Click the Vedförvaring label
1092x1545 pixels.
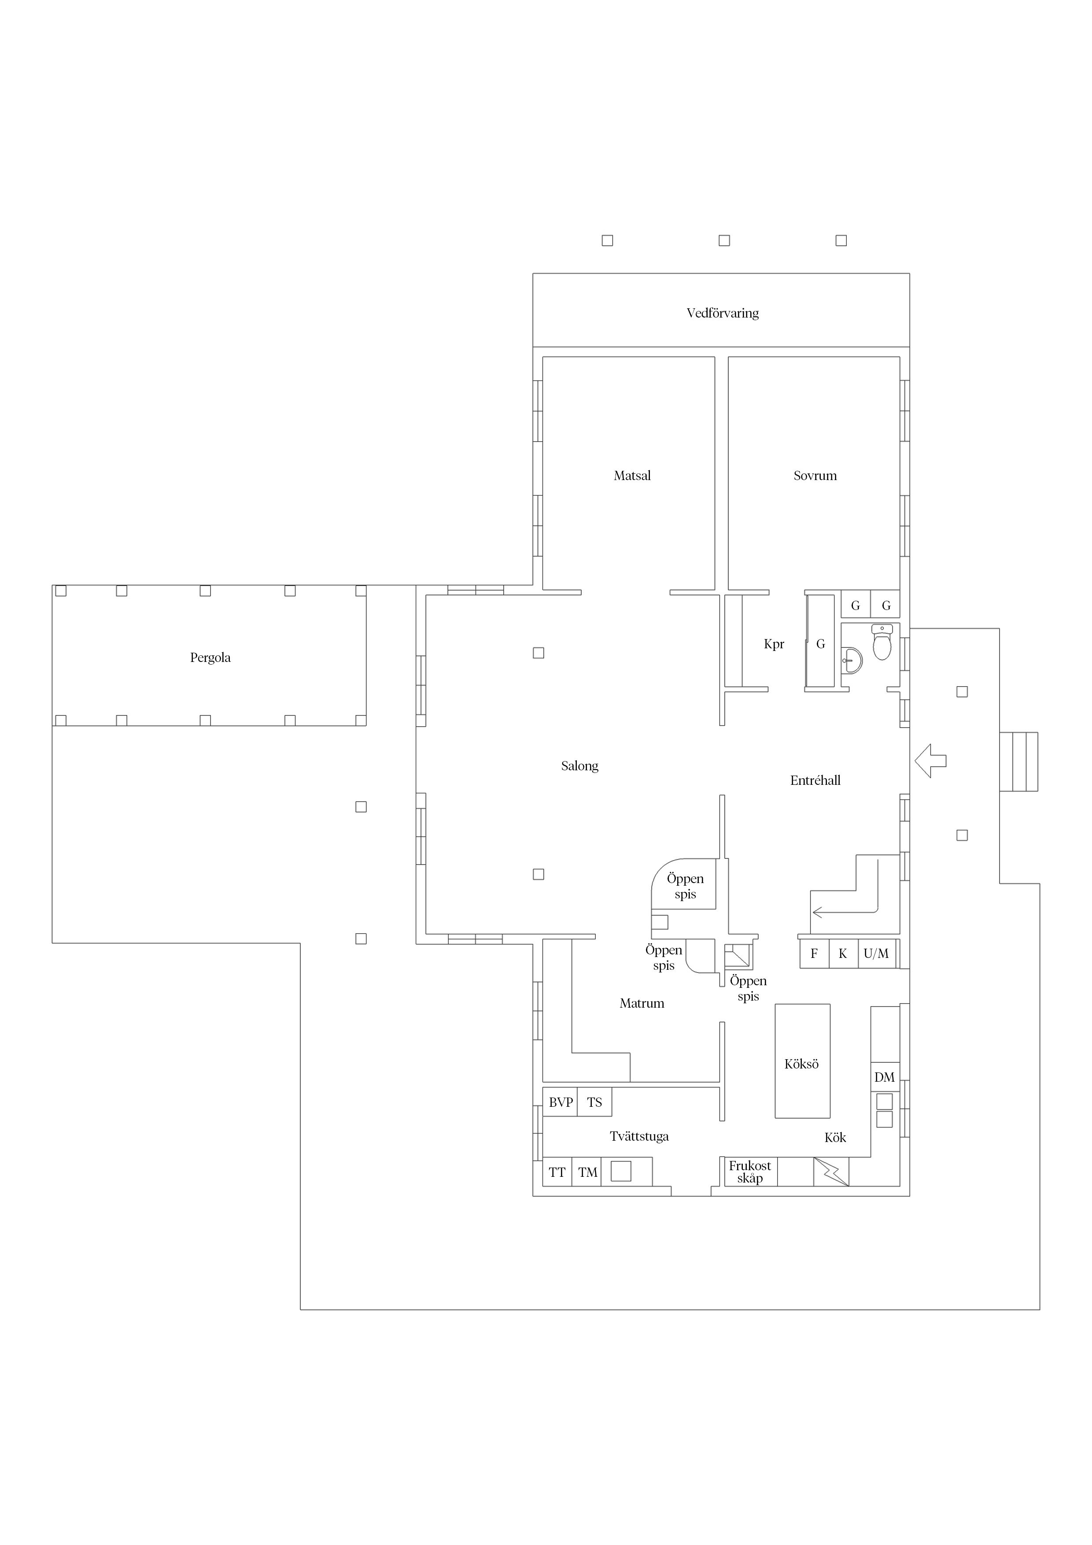pos(723,313)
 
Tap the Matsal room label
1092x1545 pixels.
pos(632,476)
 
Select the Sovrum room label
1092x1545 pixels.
pos(815,476)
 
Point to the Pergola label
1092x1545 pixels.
pos(210,658)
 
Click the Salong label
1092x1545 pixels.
pos(579,766)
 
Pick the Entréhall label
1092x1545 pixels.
pos(815,780)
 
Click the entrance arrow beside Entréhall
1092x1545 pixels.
pos(930,761)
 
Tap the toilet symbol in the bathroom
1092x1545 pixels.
pos(882,642)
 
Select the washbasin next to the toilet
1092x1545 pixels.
pos(852,661)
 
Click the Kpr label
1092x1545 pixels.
pos(774,644)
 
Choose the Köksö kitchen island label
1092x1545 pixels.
pos(801,1064)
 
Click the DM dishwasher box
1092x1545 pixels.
pos(885,1077)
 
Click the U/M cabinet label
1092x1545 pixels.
pos(876,954)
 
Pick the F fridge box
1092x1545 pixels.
pos(814,954)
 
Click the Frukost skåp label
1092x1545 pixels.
pos(749,1172)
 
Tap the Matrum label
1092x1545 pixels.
pos(642,1003)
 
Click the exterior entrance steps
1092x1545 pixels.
pos(1018,761)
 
